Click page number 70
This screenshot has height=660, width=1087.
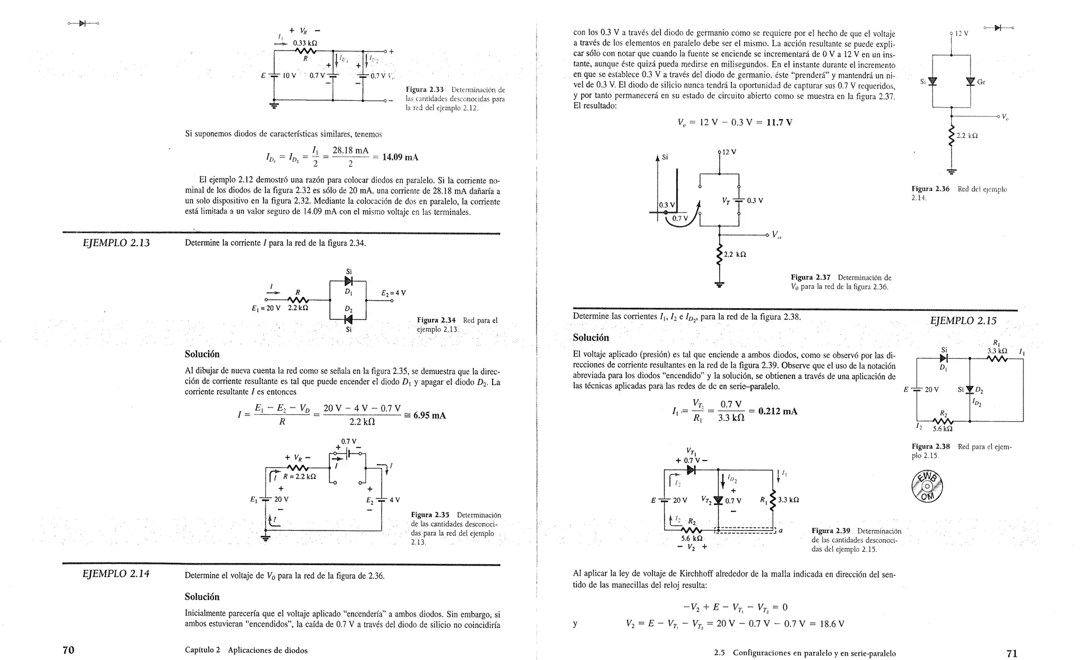[x=68, y=650]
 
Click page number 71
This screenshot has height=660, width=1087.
[x=1012, y=653]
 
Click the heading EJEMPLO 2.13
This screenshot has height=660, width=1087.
[x=116, y=243]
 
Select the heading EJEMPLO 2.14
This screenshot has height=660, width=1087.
[x=116, y=574]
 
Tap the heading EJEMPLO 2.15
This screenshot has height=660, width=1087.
[x=963, y=320]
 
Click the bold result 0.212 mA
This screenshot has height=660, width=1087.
[x=778, y=412]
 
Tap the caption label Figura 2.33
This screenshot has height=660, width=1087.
[x=424, y=90]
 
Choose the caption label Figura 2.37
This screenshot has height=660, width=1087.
[x=810, y=277]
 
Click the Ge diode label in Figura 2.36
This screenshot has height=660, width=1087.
[x=981, y=82]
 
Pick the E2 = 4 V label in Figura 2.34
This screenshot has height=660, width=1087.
[x=393, y=293]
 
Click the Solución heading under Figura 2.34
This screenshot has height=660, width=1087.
[x=202, y=354]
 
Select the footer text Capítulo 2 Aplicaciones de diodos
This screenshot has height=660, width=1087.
[x=246, y=650]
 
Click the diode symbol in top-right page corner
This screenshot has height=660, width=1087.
[x=998, y=28]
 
